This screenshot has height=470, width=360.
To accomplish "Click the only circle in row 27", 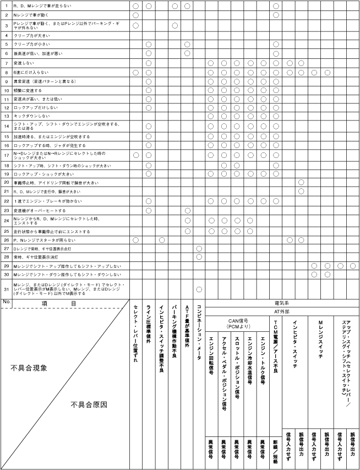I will point(199,249).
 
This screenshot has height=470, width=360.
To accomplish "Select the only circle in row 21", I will point(301,191).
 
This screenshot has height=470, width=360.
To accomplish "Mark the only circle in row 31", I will point(199,289).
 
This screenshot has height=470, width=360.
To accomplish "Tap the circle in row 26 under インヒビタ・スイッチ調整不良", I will point(161,240).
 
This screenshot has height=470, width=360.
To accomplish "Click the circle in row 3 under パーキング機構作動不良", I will point(174,25).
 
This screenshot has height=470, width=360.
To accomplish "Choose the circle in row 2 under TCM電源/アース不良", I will point(276,15).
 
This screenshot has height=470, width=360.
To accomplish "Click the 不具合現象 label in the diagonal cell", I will point(31,367).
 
